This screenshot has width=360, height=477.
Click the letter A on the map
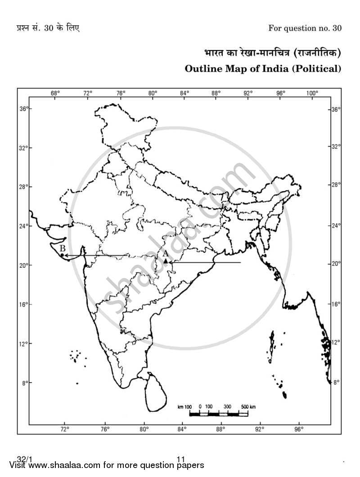[x=165, y=254]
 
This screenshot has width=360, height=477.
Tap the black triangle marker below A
[x=166, y=261]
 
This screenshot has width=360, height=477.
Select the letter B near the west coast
[x=63, y=248]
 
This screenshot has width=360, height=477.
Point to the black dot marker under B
[x=62, y=255]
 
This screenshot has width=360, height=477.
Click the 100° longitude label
[x=312, y=93]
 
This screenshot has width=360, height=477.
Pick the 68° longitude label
[x=55, y=93]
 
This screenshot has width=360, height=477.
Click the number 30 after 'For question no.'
[x=337, y=28]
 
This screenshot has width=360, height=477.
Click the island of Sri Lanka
[x=155, y=391]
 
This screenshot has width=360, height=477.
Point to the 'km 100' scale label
[x=185, y=406]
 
